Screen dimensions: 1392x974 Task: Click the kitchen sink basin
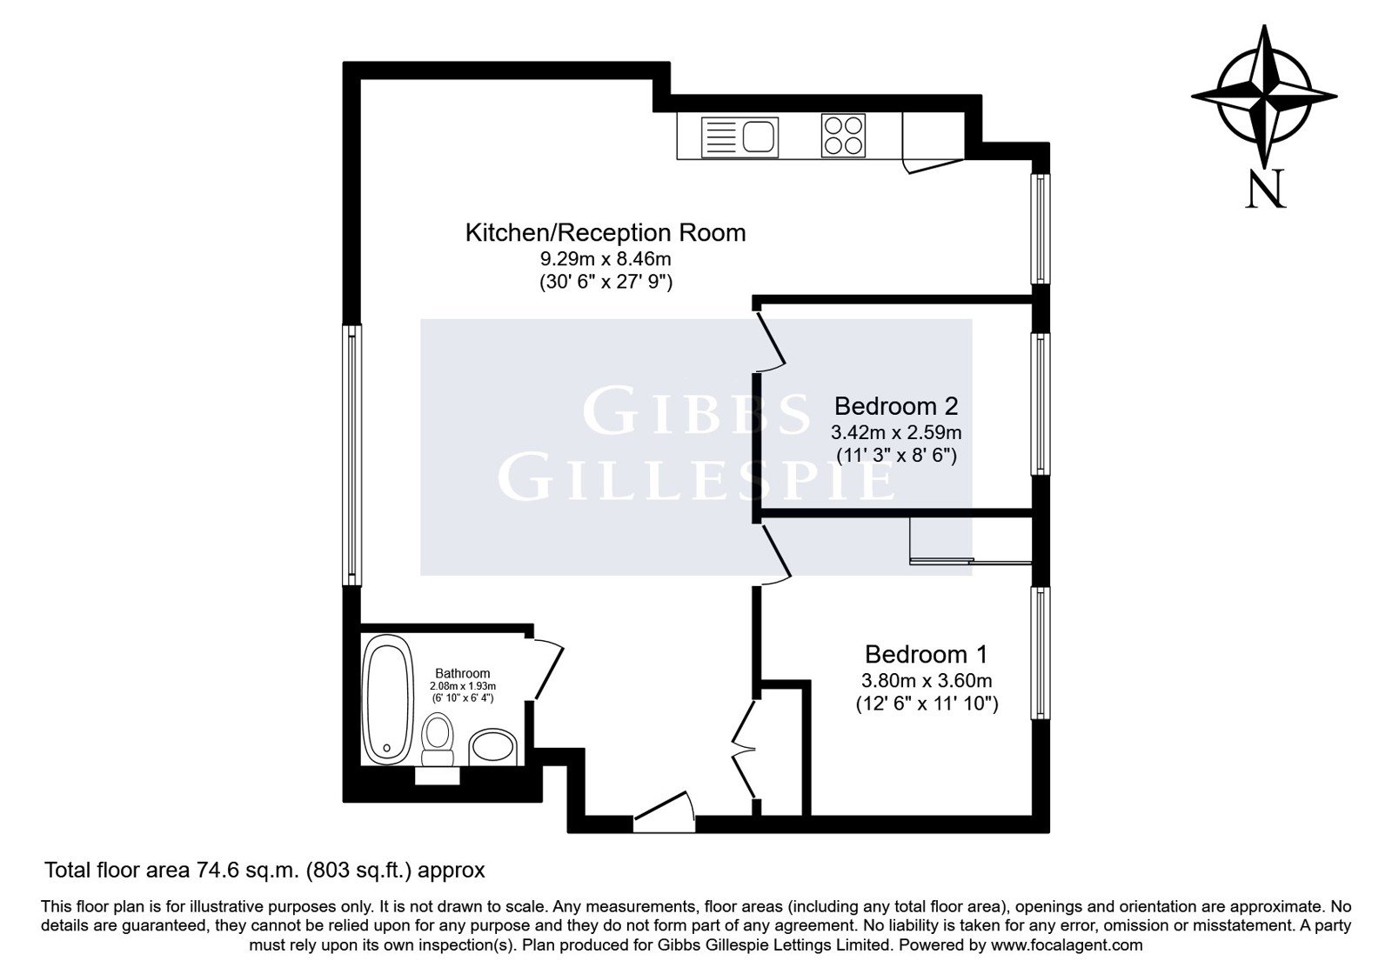point(760,136)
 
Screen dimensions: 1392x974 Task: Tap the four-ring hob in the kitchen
point(843,136)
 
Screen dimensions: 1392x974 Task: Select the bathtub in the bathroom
point(388,699)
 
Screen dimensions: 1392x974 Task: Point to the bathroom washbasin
point(493,747)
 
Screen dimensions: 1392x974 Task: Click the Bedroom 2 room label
point(895,406)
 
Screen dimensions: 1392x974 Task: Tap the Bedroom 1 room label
point(926,654)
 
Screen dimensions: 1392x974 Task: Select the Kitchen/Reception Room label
point(606,233)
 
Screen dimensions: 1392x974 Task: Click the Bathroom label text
point(462,673)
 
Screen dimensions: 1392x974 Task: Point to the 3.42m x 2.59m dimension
point(896,431)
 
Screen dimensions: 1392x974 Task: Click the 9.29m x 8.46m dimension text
point(606,257)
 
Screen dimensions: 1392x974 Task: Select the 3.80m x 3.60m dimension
point(927,680)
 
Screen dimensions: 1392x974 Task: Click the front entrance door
point(664,812)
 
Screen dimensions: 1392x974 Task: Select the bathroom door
point(547,669)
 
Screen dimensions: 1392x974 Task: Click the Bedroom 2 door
point(771,343)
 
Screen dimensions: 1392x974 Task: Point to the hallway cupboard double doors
point(744,750)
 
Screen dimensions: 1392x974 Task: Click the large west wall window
point(352,456)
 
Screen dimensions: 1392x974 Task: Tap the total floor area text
point(264,871)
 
